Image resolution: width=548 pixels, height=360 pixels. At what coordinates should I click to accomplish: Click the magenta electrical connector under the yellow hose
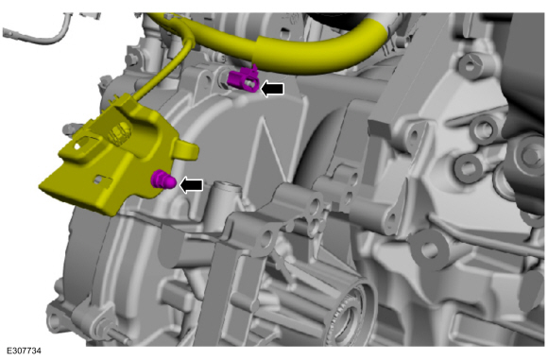(243, 80)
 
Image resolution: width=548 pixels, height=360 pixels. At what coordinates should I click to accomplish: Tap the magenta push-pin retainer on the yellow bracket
(163, 180)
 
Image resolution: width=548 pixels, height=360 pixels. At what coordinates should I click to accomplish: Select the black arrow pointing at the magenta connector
(273, 89)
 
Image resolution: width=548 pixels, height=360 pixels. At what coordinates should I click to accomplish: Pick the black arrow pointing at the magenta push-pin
(191, 185)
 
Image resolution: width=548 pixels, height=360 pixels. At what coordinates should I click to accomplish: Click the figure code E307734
(24, 351)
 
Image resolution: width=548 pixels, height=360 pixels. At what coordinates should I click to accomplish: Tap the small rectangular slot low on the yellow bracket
(102, 179)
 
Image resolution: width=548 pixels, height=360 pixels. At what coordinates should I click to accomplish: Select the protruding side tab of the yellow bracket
(185, 151)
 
